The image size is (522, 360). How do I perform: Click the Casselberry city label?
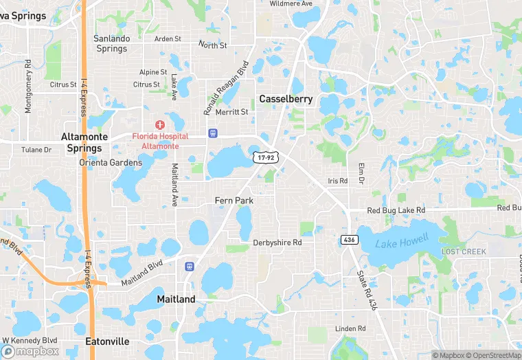coord(286,99)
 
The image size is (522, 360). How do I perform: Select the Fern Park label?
coord(234,201)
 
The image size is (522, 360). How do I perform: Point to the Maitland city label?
coord(176,299)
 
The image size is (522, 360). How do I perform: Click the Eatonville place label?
coord(107,341)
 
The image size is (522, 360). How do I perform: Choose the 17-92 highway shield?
coord(264,157)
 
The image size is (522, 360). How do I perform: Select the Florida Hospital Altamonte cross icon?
coord(160,124)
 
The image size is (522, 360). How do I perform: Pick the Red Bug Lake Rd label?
coord(396,210)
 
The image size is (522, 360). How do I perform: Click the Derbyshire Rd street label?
coord(277,243)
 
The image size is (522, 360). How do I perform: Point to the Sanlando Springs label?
coord(111,43)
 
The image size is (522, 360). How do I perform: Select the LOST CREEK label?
coord(464,252)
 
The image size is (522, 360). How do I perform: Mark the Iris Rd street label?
coord(338,181)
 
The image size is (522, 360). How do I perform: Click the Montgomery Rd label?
coord(28,86)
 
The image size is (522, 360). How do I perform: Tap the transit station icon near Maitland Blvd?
coord(189,266)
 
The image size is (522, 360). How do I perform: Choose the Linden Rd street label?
coord(351,329)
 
